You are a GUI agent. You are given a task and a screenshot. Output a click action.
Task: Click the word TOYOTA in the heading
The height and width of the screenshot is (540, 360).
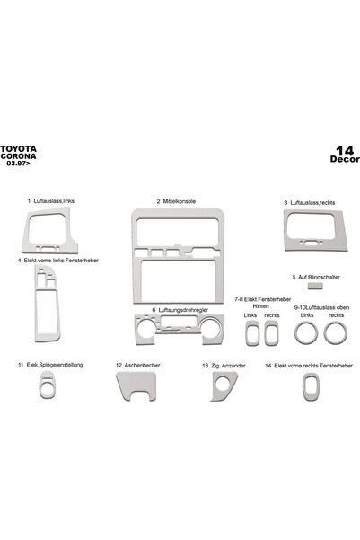click(18, 149)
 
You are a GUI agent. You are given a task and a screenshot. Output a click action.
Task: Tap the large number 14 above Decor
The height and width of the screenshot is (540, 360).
click(345, 150)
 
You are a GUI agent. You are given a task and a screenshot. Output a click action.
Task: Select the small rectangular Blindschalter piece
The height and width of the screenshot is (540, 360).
click(315, 285)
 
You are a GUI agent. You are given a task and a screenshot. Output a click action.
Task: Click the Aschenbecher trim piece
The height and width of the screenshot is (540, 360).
click(136, 381)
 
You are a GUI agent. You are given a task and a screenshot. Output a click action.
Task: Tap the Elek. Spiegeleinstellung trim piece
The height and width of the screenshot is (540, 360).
click(47, 392)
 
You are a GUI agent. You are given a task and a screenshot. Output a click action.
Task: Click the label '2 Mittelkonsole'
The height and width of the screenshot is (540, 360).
click(176, 201)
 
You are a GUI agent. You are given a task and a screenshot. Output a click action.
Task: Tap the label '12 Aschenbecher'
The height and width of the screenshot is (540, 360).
click(137, 365)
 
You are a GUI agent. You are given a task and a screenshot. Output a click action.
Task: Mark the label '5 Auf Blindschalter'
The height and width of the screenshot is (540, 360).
click(316, 277)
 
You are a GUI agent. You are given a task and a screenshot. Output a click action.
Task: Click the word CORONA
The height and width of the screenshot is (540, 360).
click(18, 156)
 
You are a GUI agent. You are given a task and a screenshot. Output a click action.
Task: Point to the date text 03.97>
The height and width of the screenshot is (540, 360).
click(18, 164)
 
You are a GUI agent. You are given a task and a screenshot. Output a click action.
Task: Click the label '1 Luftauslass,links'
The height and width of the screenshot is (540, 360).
click(51, 200)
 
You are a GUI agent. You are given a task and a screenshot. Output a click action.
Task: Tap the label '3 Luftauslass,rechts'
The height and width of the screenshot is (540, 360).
click(310, 202)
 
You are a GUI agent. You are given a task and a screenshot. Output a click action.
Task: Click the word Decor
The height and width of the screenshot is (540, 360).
click(345, 159)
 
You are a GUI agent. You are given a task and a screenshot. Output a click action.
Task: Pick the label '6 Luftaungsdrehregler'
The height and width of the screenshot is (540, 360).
click(180, 310)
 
